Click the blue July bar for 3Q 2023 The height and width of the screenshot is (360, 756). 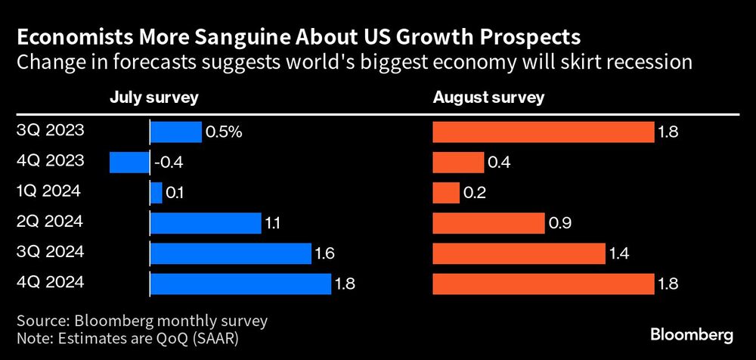(x=176, y=132)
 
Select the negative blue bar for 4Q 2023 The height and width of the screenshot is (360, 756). (x=129, y=163)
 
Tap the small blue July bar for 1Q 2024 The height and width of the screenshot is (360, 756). (x=156, y=193)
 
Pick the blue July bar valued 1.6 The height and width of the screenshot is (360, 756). (x=231, y=253)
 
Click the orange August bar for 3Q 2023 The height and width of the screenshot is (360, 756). (x=543, y=132)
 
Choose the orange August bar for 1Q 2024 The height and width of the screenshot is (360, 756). (x=446, y=193)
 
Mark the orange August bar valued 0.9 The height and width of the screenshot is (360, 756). (x=488, y=223)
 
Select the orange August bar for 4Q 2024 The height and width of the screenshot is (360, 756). (x=543, y=284)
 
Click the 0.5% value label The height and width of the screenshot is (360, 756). (x=225, y=132)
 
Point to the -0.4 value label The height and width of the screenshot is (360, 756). (x=170, y=163)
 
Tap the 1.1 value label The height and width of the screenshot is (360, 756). (x=273, y=223)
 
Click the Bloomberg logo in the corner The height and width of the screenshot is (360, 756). (x=692, y=334)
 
